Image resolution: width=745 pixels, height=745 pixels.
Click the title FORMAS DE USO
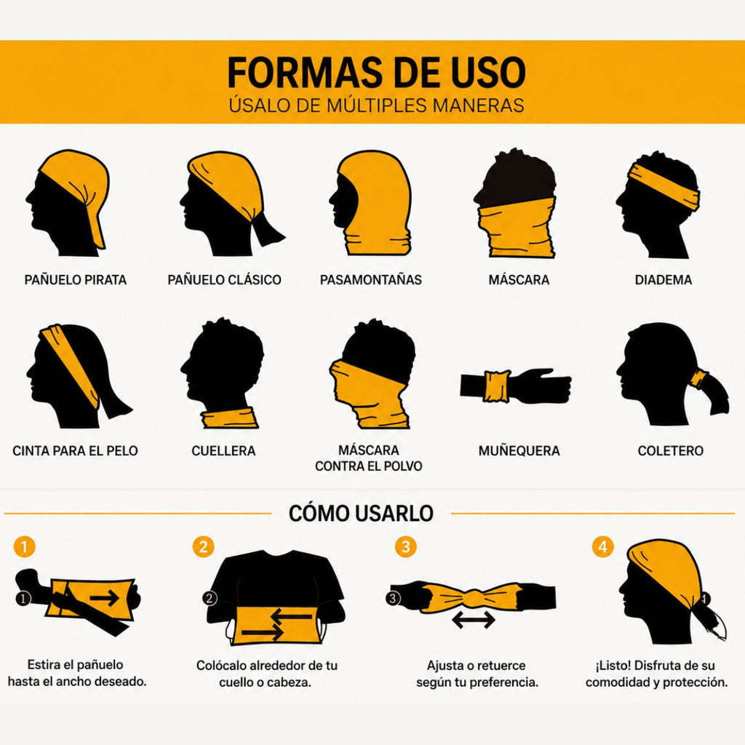(376, 72)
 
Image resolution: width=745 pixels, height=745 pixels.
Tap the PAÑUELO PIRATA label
(76, 279)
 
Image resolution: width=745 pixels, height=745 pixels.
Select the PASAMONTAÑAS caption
(370, 279)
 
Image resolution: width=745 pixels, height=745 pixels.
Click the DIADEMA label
(664, 279)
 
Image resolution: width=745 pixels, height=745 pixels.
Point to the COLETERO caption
(670, 450)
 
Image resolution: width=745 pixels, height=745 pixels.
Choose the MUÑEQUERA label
(519, 450)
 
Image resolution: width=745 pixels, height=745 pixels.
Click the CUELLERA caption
(223, 450)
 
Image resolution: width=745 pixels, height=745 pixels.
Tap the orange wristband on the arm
(496, 386)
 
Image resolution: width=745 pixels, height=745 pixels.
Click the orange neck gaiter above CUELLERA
(229, 418)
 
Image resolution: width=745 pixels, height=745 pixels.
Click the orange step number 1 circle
(25, 546)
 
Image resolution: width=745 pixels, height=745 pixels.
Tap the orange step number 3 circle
(406, 546)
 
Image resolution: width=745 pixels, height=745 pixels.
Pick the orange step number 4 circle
(602, 546)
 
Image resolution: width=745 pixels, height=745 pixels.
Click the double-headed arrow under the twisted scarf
(473, 620)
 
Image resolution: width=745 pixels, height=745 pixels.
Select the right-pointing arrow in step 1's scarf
(105, 598)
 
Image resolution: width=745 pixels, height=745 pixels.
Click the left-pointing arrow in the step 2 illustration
(291, 617)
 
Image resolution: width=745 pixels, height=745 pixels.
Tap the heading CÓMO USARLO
(361, 513)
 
